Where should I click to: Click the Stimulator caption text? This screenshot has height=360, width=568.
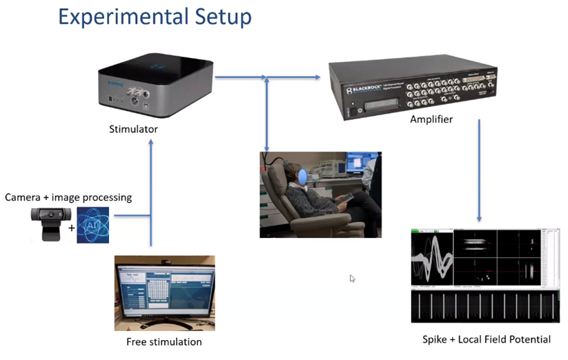[x=133, y=129]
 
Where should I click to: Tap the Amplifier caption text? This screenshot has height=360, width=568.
[x=432, y=119]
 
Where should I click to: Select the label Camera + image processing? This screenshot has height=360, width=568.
[x=68, y=197]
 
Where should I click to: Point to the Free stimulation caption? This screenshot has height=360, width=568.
[x=164, y=342]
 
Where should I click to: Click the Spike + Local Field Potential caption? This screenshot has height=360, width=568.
[x=486, y=339]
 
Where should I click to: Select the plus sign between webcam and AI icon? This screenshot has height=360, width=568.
[x=71, y=226]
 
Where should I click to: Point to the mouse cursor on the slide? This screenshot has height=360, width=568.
[x=353, y=279]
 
